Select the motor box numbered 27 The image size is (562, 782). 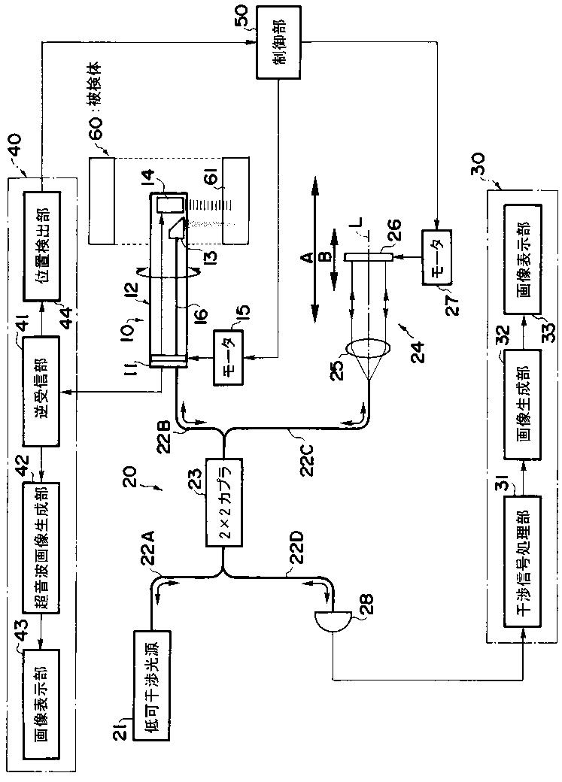click(x=436, y=257)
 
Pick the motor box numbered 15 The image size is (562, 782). click(x=228, y=357)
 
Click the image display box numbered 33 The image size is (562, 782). click(x=522, y=259)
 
